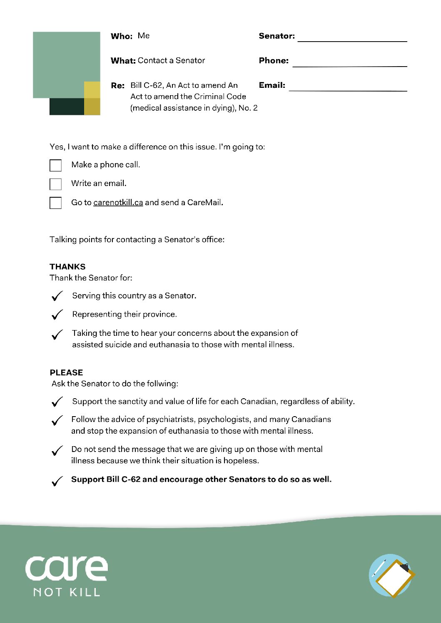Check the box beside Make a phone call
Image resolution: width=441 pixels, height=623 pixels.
[55, 165]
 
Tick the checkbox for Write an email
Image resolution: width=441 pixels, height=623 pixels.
[55, 184]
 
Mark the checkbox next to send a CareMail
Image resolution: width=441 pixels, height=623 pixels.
[55, 203]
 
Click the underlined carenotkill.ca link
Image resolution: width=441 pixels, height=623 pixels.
[118, 203]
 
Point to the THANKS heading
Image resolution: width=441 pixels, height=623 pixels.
[67, 267]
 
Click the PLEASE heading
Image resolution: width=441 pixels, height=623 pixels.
[66, 372]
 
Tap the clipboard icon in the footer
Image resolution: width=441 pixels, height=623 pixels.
[391, 576]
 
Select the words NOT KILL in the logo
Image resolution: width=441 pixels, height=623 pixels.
[67, 592]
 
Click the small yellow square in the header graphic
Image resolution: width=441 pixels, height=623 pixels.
[92, 90]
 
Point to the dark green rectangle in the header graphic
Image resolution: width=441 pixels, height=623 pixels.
[67, 107]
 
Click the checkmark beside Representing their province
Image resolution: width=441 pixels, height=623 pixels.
[57, 315]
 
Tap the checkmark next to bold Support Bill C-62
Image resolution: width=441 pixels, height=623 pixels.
[57, 481]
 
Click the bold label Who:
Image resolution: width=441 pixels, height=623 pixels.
[122, 36]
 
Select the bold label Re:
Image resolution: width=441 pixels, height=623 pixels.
[117, 86]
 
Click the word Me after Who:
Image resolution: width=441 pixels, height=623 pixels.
[144, 36]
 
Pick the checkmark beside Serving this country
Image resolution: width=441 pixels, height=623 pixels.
[57, 296]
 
